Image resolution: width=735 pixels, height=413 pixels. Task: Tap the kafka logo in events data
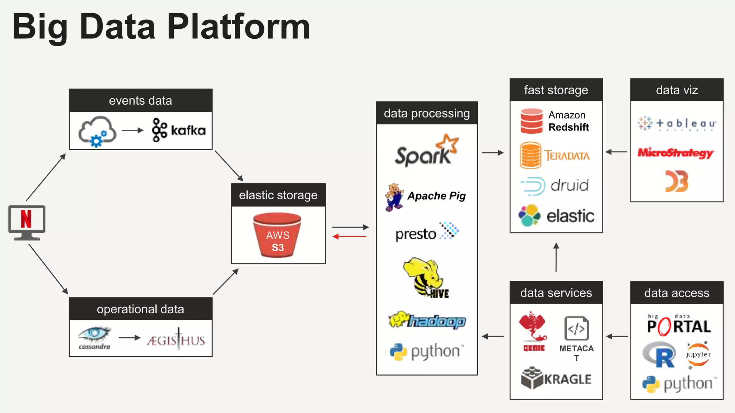179,130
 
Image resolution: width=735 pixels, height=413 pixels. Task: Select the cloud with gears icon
97,131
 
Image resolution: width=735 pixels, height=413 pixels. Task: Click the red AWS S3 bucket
277,236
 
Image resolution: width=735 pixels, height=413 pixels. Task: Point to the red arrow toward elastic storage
349,237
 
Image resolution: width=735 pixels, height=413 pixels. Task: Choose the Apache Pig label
436,196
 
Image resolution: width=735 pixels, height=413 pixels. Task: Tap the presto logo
427,232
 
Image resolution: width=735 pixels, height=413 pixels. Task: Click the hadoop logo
427,320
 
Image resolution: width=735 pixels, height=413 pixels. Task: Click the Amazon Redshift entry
555,121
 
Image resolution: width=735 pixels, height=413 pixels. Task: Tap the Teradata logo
555,155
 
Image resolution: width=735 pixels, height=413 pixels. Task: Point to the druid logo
555,186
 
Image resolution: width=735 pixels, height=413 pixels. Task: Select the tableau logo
677,124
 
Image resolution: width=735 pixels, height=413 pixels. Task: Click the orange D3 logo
677,181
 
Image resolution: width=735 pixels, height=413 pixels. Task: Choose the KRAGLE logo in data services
556,378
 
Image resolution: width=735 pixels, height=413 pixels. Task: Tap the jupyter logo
698,355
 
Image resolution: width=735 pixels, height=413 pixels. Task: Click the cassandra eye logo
95,337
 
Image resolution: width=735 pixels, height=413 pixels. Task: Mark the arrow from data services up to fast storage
556,257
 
